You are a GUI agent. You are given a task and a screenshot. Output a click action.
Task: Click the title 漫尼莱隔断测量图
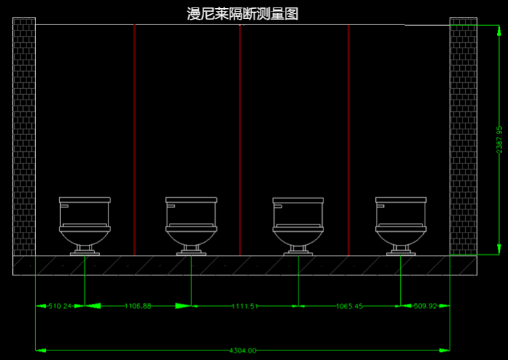tap(242, 14)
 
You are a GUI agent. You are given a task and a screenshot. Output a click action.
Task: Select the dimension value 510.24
tap(60, 306)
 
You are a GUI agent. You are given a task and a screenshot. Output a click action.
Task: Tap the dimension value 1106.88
tap(138, 306)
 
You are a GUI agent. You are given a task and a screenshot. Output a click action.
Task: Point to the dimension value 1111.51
tap(244, 306)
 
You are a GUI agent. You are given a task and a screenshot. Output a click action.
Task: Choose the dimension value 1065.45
tap(349, 306)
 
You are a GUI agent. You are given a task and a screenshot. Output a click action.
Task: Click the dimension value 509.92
tap(425, 306)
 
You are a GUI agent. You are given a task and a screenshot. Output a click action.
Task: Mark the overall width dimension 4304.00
tap(242, 351)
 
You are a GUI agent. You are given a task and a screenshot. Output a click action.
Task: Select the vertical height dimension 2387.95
tap(499, 139)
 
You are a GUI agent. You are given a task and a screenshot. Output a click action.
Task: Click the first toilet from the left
tap(85, 226)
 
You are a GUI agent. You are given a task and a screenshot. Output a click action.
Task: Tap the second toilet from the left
tap(191, 226)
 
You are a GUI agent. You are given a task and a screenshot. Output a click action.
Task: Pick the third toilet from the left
tap(298, 226)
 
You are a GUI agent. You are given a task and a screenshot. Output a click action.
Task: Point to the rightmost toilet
tap(401, 226)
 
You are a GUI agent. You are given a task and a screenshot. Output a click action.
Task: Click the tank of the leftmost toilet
tap(85, 212)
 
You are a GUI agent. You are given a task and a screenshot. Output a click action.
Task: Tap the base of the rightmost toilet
tap(401, 252)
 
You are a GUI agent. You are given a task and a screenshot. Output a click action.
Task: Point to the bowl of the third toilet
tap(298, 237)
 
